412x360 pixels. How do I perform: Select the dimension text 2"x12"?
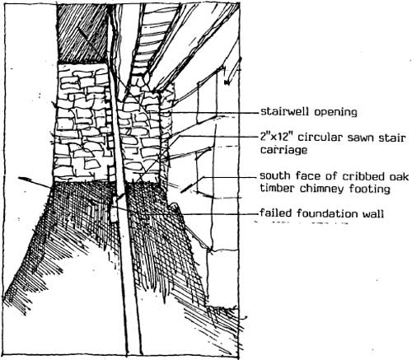[x=277, y=137]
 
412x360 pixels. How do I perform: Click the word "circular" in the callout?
[x=321, y=138]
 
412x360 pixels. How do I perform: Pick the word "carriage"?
[x=283, y=150]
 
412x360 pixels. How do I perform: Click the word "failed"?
[x=277, y=213]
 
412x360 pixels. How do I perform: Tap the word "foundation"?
[x=328, y=213]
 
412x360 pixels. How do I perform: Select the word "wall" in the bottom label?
[x=373, y=213]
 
